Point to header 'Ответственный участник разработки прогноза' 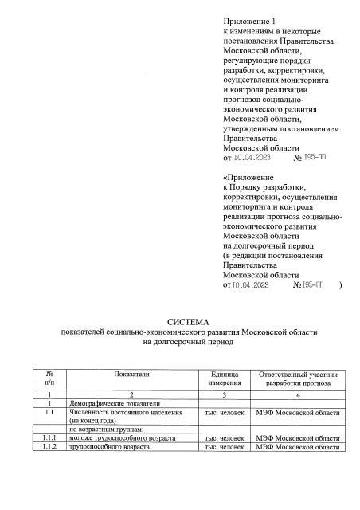coord(298,378)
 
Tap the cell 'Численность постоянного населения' coord(127,413)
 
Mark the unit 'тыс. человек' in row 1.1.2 coord(224,449)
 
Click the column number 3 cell coord(222,394)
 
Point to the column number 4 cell coord(297,394)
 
